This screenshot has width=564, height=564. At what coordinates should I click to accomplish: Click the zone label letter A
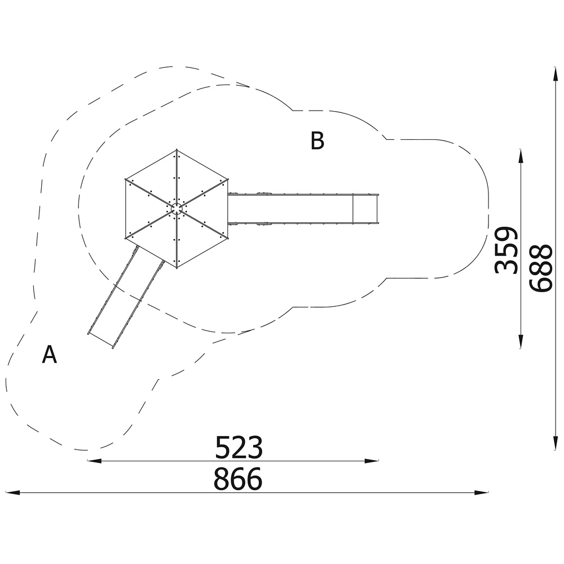coord(49,354)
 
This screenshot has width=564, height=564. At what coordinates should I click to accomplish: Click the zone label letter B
coord(317,140)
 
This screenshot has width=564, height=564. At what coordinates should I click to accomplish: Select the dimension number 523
coord(239,447)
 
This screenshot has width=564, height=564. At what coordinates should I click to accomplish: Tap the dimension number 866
coord(238,479)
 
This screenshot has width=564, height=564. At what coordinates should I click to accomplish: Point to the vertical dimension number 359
coord(506,250)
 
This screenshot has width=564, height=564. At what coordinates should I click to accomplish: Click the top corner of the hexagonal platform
coord(177,149)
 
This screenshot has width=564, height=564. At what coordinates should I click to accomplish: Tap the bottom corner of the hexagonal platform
coord(177,268)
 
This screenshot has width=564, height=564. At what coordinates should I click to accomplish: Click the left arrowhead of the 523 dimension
coord(94,461)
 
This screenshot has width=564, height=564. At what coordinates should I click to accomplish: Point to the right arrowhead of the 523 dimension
coord(372,461)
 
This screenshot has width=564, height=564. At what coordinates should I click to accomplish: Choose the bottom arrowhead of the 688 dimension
coord(556,443)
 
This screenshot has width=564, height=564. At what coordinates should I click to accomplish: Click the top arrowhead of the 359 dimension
coord(521,156)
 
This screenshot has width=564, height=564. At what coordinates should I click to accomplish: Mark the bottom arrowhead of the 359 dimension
coord(521,342)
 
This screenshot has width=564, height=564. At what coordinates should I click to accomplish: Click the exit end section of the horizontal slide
coord(365,209)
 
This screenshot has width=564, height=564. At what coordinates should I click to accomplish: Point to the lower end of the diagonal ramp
coord(100,341)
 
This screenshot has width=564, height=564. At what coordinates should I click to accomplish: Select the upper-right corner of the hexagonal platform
coord(228,179)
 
